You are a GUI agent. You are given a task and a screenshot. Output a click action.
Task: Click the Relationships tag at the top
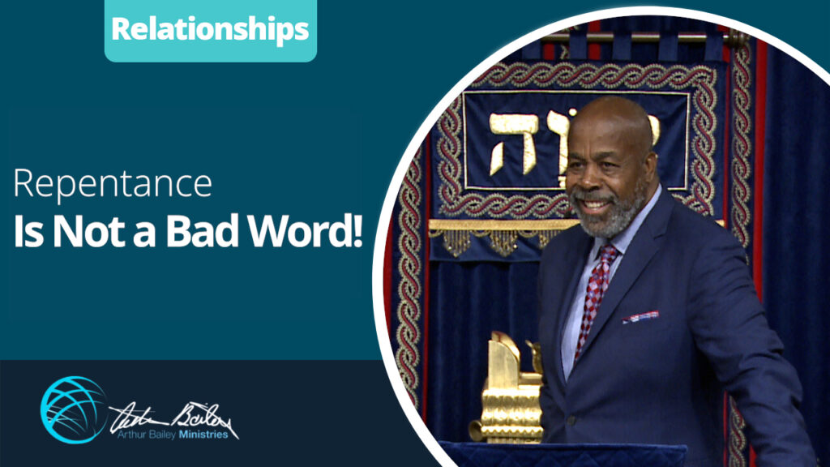point(210,30)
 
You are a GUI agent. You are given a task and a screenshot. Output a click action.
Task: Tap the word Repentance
point(113,183)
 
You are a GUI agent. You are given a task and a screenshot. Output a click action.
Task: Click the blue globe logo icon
point(73,409)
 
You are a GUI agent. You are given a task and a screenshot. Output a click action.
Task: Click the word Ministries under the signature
point(207,435)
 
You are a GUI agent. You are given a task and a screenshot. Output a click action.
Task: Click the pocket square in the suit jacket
point(640,315)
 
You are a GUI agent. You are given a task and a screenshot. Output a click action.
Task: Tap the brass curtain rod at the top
point(640,37)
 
